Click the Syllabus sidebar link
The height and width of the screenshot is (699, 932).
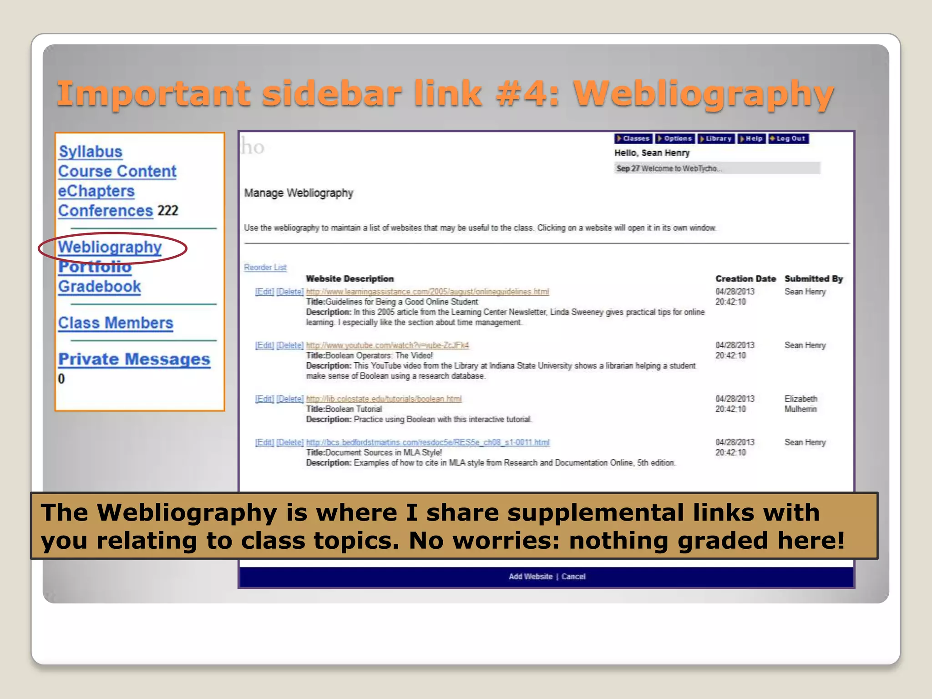tap(91, 152)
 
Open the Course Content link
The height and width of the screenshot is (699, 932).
tap(117, 172)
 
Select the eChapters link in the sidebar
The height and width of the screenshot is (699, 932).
tap(96, 191)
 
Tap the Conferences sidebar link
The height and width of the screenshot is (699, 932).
tap(105, 211)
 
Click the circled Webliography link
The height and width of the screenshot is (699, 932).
tap(110, 247)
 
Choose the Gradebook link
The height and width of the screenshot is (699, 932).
tap(99, 287)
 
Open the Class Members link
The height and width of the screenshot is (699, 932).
tap(116, 323)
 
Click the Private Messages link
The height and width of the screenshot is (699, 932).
tap(134, 360)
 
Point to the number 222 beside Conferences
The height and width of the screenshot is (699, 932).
tap(167, 211)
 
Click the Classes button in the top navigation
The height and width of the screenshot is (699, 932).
tap(633, 138)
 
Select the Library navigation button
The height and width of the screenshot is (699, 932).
tap(716, 138)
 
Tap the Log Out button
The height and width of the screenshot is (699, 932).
tap(789, 138)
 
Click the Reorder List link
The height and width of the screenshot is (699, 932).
tap(265, 268)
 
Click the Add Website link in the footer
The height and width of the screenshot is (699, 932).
tap(530, 577)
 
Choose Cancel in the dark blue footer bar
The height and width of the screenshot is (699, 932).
tap(573, 577)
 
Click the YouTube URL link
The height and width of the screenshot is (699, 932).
tap(387, 345)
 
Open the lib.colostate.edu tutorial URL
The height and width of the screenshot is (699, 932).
tap(384, 399)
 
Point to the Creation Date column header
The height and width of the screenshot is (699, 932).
tap(745, 279)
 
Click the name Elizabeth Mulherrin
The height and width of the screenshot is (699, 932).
tap(800, 404)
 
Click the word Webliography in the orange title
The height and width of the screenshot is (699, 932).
tap(704, 93)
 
